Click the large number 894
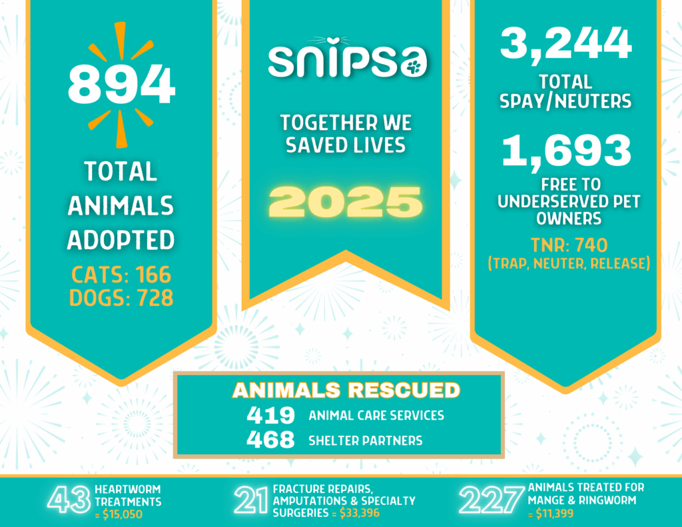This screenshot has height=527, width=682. coord(121,84)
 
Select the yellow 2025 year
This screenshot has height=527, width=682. coord(346,201)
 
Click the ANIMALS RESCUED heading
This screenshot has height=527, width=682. coord(346,390)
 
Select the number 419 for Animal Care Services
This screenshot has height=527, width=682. coord(270,416)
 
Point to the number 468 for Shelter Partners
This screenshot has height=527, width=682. coord(270,440)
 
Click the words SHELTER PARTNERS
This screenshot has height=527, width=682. coord(366,441)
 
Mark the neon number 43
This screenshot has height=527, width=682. coord(69,502)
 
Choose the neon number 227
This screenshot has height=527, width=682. coord(492,501)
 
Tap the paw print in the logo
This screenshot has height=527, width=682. coord(414,65)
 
